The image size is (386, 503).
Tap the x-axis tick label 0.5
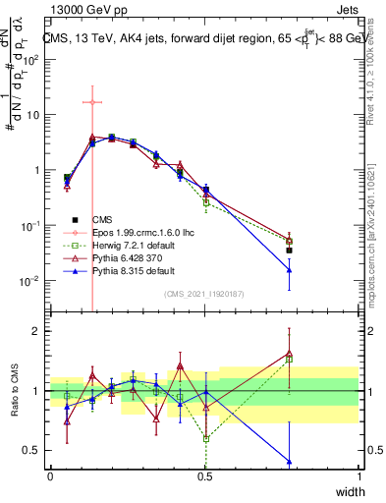pos(204,476)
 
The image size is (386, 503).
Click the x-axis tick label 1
pos(359,476)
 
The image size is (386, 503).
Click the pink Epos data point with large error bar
pos(91,102)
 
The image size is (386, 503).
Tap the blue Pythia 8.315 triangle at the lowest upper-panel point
pos(289,270)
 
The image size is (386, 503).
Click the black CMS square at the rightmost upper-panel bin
pos(289,251)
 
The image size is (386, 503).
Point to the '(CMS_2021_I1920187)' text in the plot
pos(204,293)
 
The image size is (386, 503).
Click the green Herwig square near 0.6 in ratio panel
pos(205,438)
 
